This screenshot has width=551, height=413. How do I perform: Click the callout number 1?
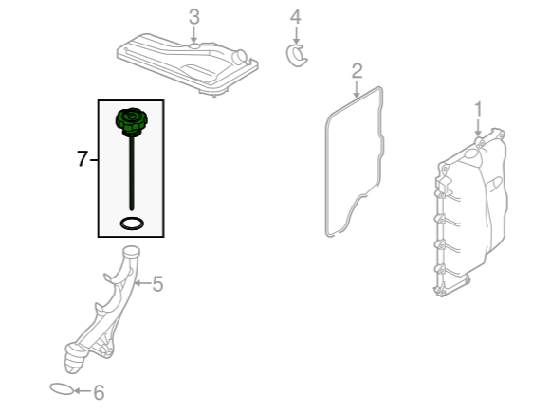point(478,110)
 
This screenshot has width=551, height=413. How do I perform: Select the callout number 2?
point(357,71)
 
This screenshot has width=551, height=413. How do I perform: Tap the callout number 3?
point(194,17)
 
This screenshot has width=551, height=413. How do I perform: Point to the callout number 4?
point(296,17)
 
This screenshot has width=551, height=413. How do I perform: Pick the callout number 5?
point(157,284)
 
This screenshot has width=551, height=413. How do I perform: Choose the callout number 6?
point(99,392)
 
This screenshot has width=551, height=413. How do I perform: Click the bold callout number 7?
point(82,158)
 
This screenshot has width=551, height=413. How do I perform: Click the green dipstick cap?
point(132,122)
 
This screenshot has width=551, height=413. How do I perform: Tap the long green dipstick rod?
point(132,173)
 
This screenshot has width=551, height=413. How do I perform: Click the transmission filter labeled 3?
point(187,63)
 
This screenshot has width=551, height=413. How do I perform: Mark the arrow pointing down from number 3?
point(193,35)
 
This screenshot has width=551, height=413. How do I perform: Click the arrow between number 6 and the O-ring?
point(83,390)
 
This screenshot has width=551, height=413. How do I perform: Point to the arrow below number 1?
point(478,128)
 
